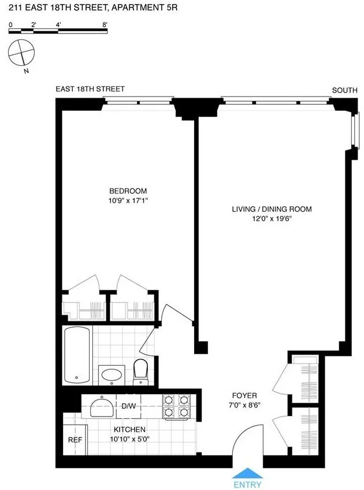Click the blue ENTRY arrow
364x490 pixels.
coord(247,472)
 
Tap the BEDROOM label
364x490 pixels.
coord(128,191)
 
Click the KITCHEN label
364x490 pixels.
coord(129,430)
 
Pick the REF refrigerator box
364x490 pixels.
coord(74,439)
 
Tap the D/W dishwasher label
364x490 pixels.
coord(128,406)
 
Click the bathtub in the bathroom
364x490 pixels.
coord(76,355)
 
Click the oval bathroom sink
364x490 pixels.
coord(110,375)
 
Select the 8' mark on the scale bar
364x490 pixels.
coord(105,25)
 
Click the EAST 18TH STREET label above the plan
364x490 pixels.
coord(90,89)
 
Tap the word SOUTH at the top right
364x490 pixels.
coord(344,90)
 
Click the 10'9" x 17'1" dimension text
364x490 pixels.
coord(128,201)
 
